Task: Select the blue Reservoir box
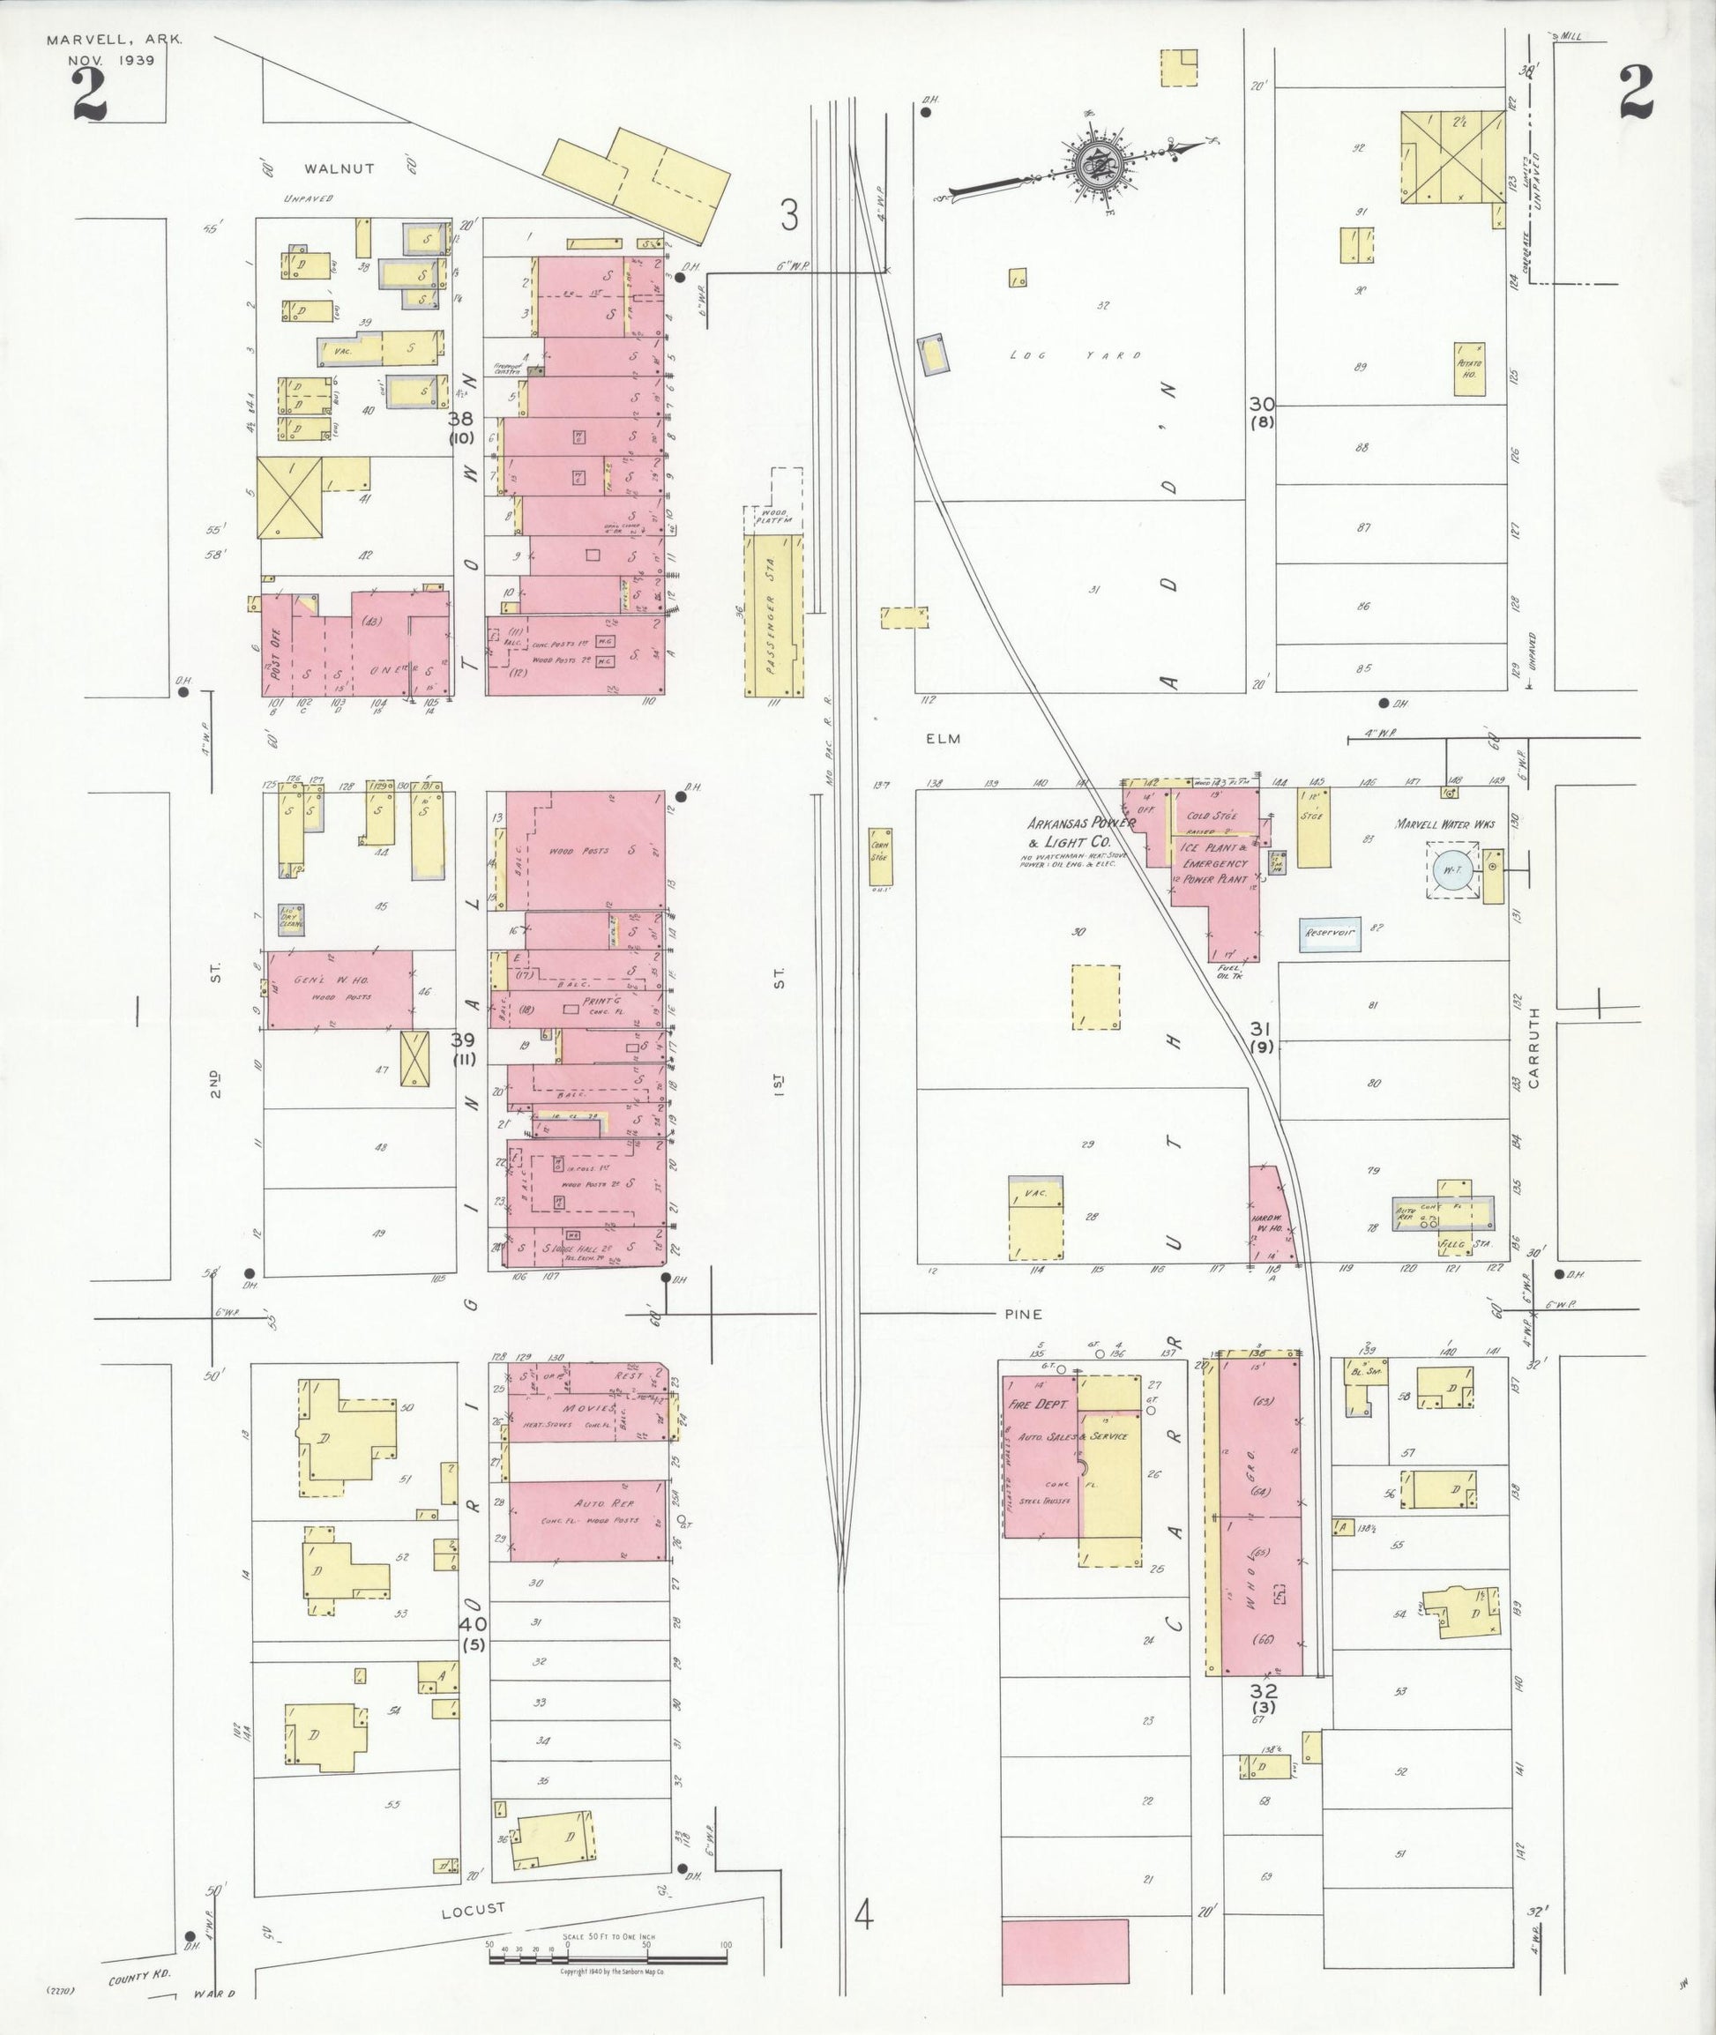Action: point(1330,933)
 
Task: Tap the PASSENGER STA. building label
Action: point(774,622)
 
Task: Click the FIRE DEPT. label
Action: point(1044,1405)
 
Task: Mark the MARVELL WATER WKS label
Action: point(1444,824)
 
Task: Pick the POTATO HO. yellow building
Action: point(1469,369)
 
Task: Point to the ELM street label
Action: point(943,739)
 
